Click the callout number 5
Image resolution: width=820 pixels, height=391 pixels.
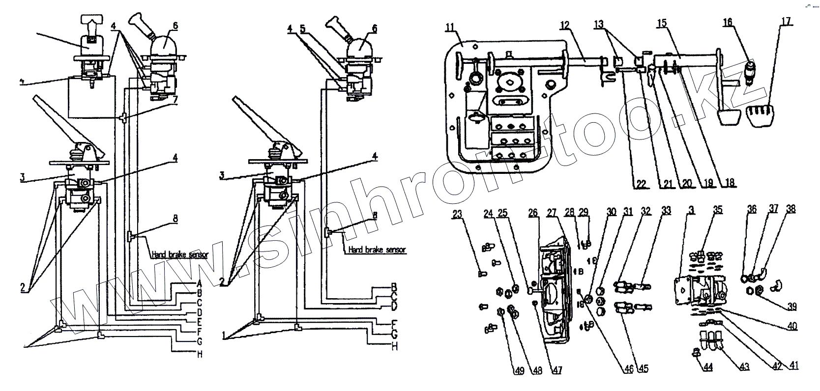coord(303,29)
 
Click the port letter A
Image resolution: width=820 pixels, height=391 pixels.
coord(200,283)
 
